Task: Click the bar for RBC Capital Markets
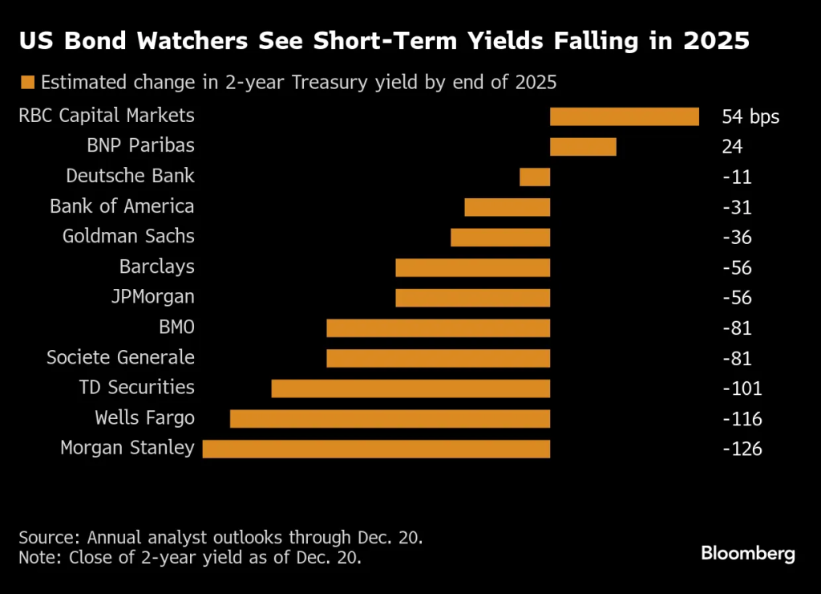(x=624, y=116)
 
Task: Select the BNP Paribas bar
(x=583, y=146)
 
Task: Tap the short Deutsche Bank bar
(x=535, y=177)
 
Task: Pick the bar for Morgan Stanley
(x=376, y=448)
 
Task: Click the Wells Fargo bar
(x=390, y=418)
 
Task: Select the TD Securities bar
(x=410, y=389)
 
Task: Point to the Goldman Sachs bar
(x=500, y=237)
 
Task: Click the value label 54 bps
(x=750, y=117)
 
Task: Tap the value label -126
(x=742, y=449)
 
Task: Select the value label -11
(x=738, y=177)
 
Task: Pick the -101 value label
(x=742, y=389)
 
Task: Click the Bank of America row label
(x=122, y=206)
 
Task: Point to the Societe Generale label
(x=120, y=357)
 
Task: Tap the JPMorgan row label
(x=152, y=297)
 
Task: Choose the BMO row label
(x=176, y=328)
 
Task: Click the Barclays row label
(x=156, y=266)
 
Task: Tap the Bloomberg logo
(x=747, y=553)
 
